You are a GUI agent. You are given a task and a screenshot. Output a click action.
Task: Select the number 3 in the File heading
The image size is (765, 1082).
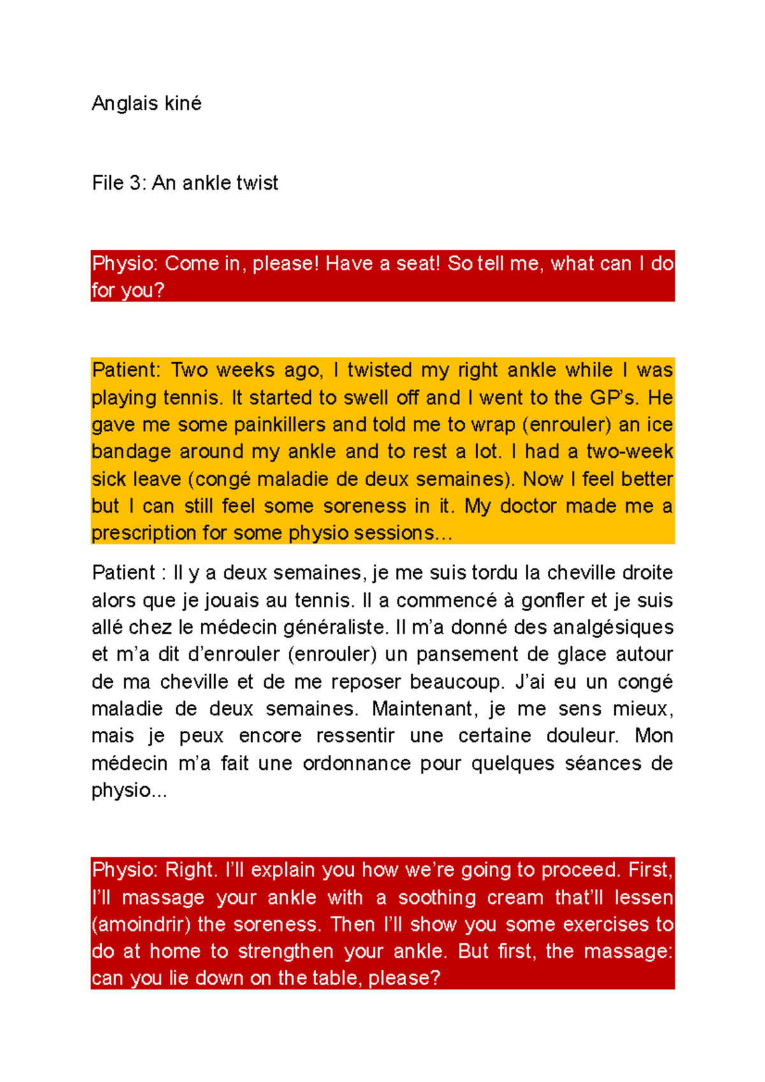click(135, 184)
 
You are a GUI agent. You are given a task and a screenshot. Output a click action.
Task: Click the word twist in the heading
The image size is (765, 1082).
click(257, 184)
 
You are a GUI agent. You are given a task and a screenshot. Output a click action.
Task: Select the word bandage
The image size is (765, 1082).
click(131, 452)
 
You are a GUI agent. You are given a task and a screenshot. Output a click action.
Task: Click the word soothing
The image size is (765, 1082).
click(437, 898)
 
